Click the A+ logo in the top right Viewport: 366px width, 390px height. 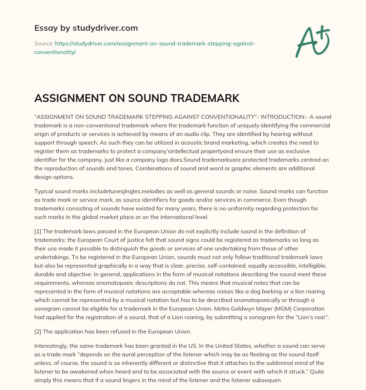click(312, 41)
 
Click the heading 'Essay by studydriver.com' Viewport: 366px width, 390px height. click(86, 28)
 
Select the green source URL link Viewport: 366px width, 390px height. click(144, 48)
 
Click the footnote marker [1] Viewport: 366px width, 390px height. click(38, 231)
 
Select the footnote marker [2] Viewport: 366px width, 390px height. click(38, 331)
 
